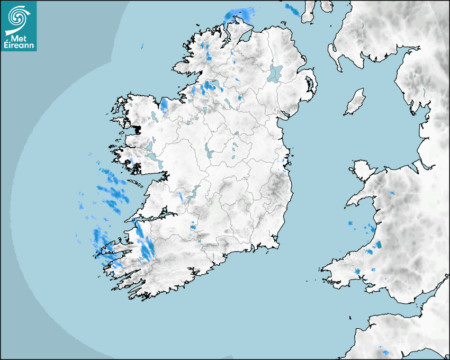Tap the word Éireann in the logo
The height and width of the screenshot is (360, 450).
[19, 46]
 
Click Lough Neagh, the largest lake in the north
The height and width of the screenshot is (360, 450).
[275, 74]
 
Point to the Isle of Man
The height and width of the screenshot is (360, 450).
[355, 102]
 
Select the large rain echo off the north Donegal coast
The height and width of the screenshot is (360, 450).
[238, 14]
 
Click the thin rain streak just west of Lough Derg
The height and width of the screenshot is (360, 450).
[181, 197]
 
